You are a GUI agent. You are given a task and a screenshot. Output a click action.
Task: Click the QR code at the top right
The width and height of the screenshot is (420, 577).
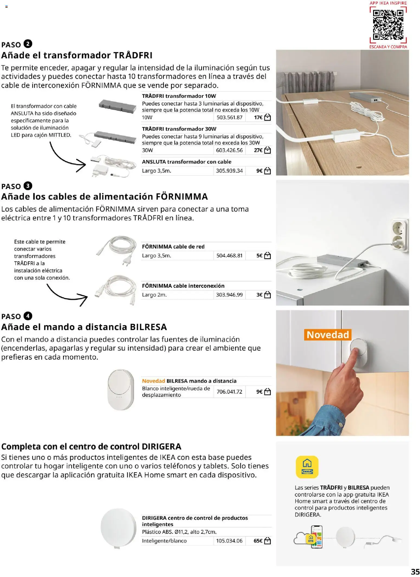tap(388, 25)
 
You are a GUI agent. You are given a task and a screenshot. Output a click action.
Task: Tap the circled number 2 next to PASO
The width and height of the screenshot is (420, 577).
tap(28, 44)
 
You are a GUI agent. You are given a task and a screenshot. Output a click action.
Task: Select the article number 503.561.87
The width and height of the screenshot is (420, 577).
tap(229, 117)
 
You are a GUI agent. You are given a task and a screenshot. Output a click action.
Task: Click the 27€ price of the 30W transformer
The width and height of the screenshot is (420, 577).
tap(258, 150)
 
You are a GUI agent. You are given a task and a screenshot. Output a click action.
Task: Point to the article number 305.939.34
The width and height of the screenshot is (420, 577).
tap(229, 171)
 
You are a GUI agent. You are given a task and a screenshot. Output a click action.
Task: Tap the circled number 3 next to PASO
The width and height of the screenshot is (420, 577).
tap(28, 186)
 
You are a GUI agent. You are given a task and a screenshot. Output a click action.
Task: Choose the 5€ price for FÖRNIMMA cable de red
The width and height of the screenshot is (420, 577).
tap(259, 255)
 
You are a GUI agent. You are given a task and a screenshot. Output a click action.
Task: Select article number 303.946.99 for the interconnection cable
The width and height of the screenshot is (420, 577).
tap(229, 295)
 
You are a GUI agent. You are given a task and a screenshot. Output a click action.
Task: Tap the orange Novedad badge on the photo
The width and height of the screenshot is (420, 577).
tap(328, 335)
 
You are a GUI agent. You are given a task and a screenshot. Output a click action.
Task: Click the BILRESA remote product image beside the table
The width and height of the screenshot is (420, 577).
tap(121, 390)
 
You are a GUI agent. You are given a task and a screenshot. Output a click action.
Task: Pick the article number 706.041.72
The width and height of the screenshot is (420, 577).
tap(229, 392)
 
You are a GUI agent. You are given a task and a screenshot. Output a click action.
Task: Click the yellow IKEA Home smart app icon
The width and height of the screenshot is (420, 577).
tap(307, 467)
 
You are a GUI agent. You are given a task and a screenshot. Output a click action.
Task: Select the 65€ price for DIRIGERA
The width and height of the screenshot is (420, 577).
tap(258, 541)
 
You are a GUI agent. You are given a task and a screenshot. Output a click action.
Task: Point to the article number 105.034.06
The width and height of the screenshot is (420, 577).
tap(229, 541)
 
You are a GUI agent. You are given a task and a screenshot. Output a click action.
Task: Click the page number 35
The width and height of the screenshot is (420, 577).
tap(415, 571)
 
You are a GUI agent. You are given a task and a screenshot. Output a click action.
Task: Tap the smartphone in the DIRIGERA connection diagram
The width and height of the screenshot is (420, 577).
tap(316, 537)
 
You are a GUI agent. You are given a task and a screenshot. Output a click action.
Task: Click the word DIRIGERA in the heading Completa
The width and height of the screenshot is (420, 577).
tap(161, 446)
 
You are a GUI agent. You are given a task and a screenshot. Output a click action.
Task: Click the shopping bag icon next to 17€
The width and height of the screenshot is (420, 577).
tap(267, 117)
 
